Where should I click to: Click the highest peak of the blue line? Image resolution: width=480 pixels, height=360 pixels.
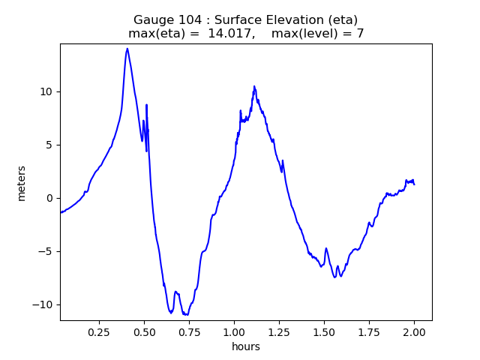(x=127, y=49)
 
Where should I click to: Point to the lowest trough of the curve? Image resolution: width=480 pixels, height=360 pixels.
(x=184, y=315)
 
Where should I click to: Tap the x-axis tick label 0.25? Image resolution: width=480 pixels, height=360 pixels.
(x=99, y=331)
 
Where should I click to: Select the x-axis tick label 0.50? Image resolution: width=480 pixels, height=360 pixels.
(x=144, y=331)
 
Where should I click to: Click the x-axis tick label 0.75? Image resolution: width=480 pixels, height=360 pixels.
(x=189, y=331)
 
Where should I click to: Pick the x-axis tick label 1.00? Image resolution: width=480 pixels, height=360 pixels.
(x=234, y=331)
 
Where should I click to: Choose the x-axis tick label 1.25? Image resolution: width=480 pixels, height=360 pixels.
(x=279, y=331)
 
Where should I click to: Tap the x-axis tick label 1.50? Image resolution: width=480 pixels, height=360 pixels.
(x=324, y=331)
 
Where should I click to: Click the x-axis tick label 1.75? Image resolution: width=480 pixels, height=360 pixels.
(x=369, y=331)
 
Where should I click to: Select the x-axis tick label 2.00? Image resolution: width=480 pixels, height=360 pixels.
(x=414, y=331)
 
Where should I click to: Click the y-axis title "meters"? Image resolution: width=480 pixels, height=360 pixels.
(x=22, y=183)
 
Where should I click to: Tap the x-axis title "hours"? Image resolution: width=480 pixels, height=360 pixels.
(x=246, y=346)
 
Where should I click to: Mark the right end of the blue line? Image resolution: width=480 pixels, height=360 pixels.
(x=415, y=184)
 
